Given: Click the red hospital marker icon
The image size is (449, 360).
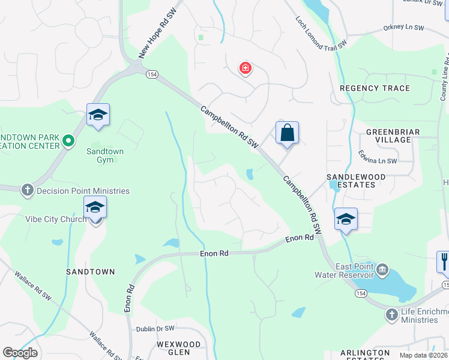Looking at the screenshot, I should (x=245, y=68).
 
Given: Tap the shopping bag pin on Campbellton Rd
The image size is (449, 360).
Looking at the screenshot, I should (x=287, y=133).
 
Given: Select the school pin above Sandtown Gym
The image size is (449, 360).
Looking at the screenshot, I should (x=97, y=115).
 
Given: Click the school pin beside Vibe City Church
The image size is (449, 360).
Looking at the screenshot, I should (x=95, y=208).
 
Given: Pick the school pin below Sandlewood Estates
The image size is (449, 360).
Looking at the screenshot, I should (x=346, y=220).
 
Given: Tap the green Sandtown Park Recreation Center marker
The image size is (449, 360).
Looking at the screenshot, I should (x=68, y=141).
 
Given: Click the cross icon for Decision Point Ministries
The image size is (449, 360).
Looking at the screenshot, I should (x=27, y=191).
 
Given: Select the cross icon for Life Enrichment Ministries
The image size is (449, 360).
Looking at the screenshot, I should (x=391, y=314).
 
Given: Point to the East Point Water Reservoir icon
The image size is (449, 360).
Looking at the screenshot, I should (x=383, y=269).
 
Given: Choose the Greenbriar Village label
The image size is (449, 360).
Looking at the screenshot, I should (x=389, y=136).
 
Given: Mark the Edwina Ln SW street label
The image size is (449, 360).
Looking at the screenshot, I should (x=378, y=161).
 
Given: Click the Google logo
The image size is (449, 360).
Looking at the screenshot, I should (x=20, y=353).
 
